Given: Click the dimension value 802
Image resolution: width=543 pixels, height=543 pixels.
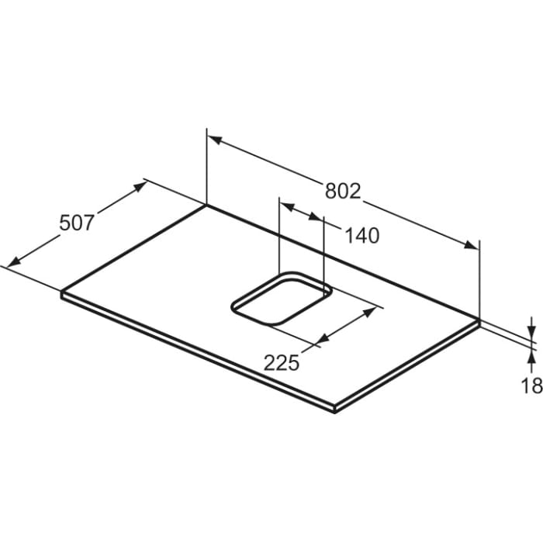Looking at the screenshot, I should click(342, 191).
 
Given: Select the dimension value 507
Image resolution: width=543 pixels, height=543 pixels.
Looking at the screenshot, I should click(77, 223).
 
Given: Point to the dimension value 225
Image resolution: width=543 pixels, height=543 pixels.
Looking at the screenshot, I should click(282, 362).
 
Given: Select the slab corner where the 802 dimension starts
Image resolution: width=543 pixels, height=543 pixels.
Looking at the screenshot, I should click(207, 205).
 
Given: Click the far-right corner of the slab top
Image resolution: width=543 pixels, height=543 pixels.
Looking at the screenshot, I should click(479, 319).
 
